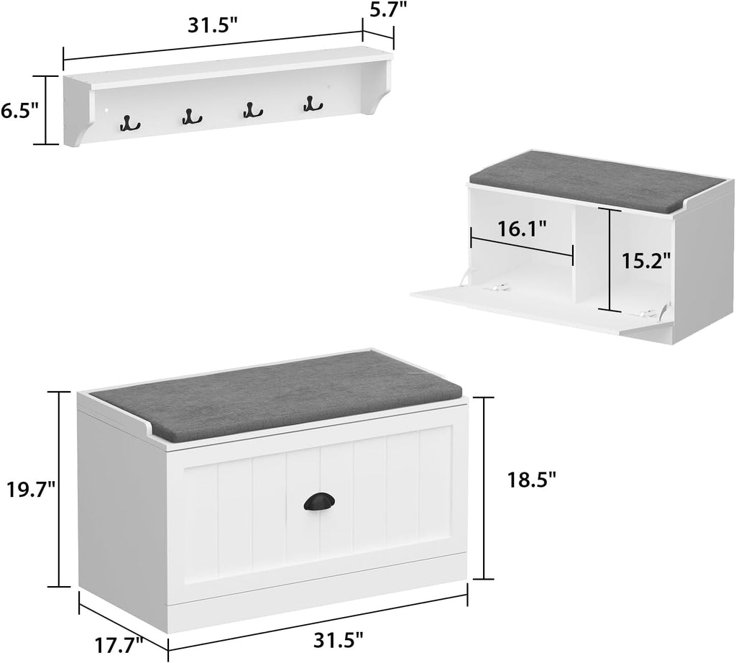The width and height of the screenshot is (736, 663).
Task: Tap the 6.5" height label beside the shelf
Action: [19, 111]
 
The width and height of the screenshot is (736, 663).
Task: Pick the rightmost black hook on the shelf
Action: [310, 104]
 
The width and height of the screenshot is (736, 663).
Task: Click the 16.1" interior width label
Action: [522, 229]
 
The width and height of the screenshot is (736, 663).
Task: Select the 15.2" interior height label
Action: [646, 260]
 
